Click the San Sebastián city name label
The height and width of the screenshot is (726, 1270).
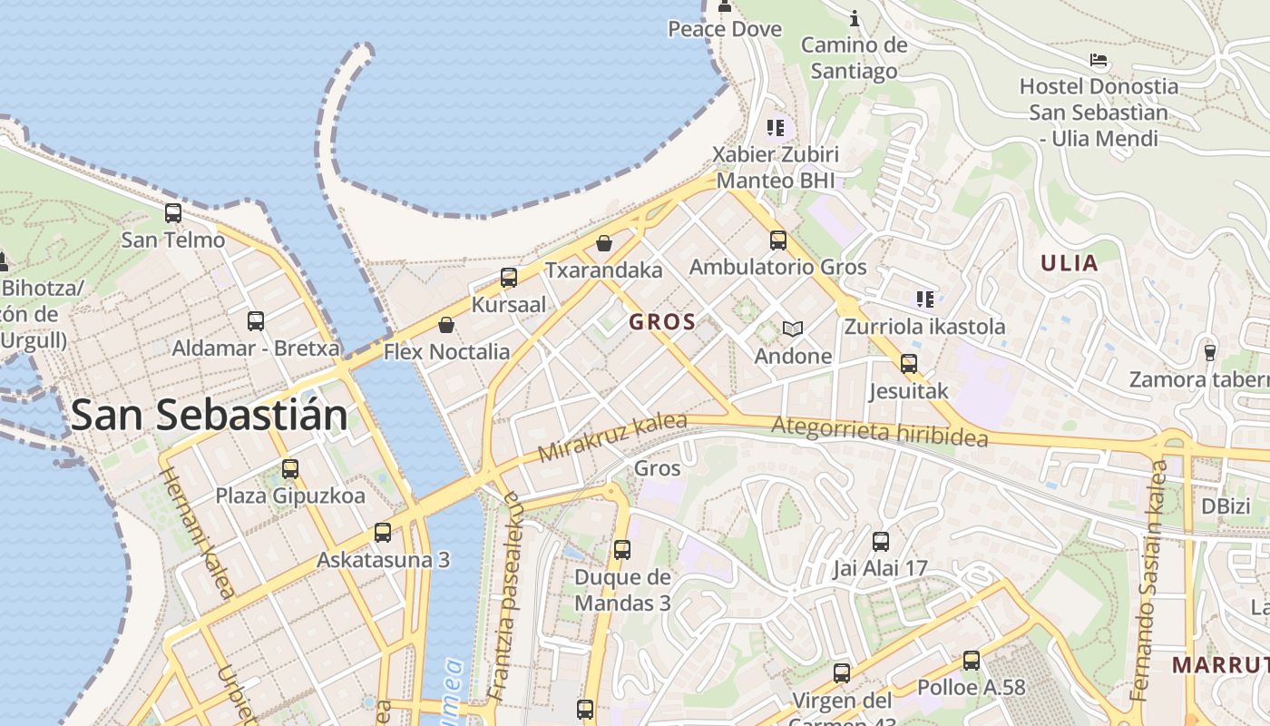209,416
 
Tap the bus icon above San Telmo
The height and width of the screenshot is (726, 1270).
172,214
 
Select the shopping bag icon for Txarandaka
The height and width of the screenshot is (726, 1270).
604,243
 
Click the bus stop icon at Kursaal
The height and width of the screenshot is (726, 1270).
509,278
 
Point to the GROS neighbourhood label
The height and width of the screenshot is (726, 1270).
662,321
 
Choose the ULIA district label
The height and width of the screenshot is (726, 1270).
1070,263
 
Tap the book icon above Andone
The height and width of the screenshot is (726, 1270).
793,329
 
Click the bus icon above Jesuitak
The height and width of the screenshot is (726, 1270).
908,364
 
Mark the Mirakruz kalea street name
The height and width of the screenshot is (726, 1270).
612,437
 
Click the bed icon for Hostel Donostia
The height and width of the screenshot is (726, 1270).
1099,61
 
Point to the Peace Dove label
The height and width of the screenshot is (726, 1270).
725,29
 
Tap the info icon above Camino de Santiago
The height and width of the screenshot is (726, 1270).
854,17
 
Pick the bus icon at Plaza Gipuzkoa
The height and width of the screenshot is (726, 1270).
290,469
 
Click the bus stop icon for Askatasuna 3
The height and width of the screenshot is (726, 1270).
383,533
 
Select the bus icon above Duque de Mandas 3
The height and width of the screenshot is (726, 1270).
622,550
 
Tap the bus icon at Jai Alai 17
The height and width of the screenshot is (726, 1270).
880,543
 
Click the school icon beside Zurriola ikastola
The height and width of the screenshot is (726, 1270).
924,299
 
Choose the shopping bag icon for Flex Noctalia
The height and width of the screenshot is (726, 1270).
446,325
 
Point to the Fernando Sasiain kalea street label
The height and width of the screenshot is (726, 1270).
1148,581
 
